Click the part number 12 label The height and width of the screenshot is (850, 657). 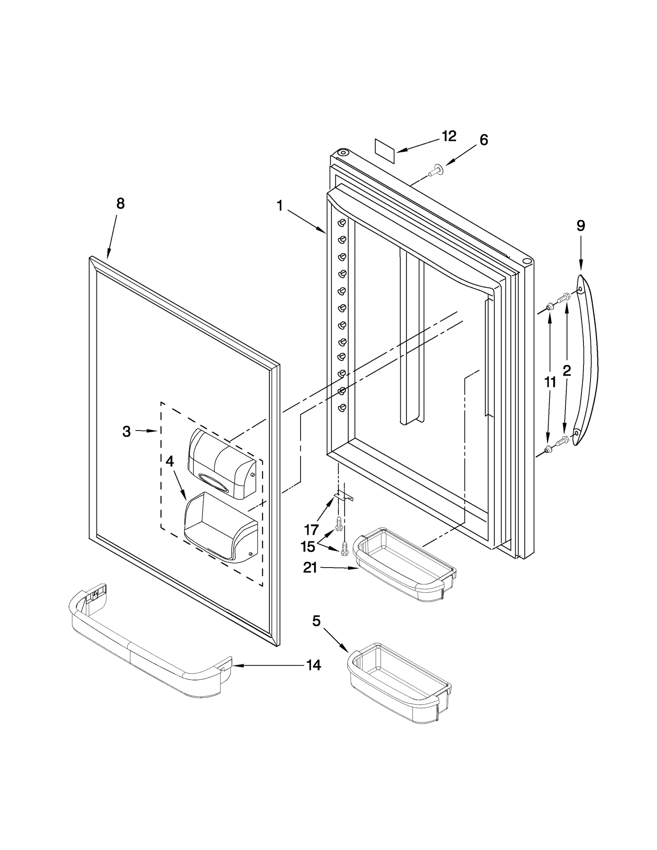pyautogui.click(x=449, y=136)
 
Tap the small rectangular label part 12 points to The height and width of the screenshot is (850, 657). pyautogui.click(x=385, y=151)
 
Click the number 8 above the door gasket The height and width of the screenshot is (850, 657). pyautogui.click(x=120, y=204)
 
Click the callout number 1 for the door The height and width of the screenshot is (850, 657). pyautogui.click(x=280, y=206)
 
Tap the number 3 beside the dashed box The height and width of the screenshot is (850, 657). pyautogui.click(x=126, y=431)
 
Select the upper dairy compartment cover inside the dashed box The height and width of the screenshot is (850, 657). pyautogui.click(x=221, y=463)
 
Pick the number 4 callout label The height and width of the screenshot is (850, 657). pyautogui.click(x=169, y=462)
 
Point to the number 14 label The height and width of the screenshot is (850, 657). pyautogui.click(x=314, y=665)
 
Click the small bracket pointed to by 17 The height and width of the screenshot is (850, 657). pyautogui.click(x=344, y=497)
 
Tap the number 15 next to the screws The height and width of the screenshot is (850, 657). pyautogui.click(x=308, y=547)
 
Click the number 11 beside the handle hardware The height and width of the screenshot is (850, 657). pyautogui.click(x=550, y=383)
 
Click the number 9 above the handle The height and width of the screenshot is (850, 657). pyautogui.click(x=581, y=226)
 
